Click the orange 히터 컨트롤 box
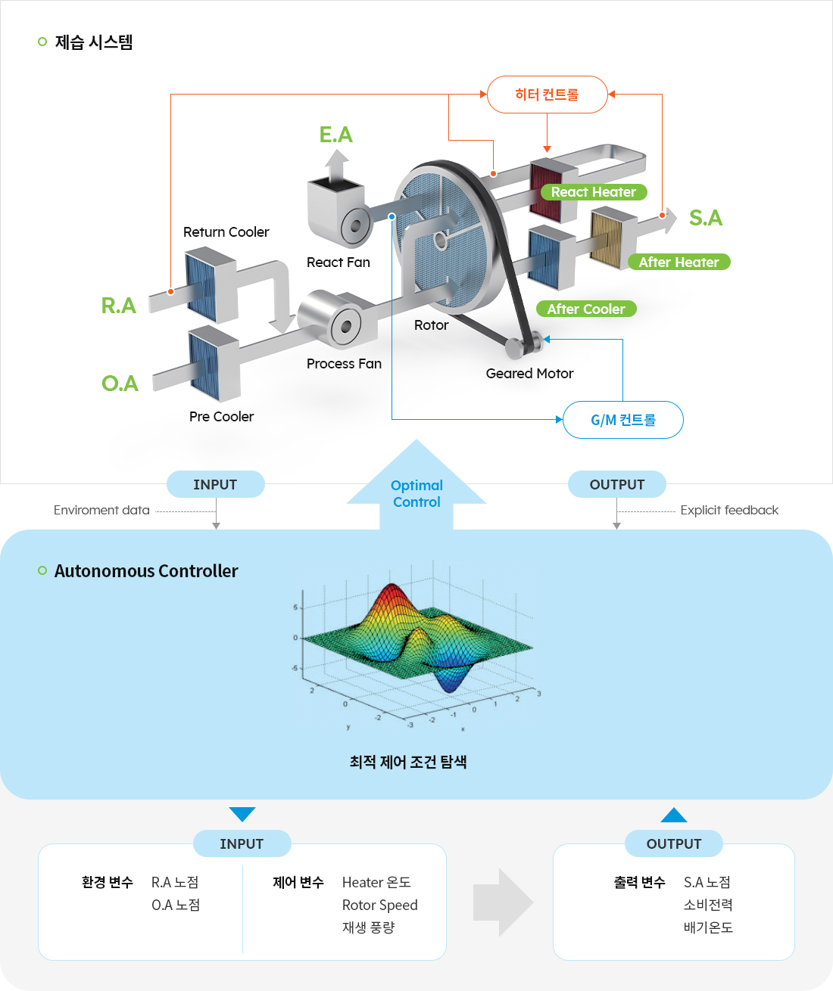click(547, 95)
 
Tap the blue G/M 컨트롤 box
click(622, 420)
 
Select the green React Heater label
click(594, 192)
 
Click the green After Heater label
click(679, 263)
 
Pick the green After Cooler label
click(586, 309)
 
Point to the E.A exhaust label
click(335, 135)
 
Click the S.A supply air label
click(705, 218)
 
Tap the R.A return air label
click(119, 306)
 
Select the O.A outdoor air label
click(120, 384)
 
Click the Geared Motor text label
click(529, 374)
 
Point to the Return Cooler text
click(226, 232)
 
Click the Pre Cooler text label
click(221, 417)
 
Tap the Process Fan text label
click(344, 364)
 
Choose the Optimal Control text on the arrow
click(416, 493)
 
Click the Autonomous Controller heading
click(146, 571)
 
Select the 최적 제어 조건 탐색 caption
click(408, 762)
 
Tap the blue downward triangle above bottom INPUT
click(242, 813)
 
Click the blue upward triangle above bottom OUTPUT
click(673, 815)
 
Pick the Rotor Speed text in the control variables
click(379, 905)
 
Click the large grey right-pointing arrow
click(503, 902)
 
